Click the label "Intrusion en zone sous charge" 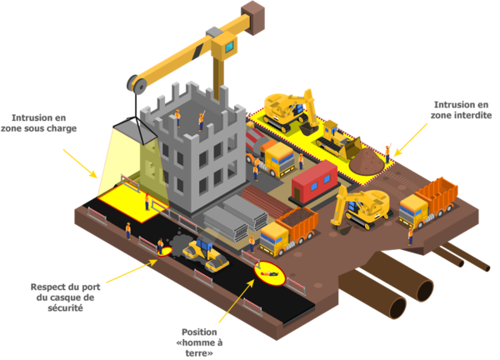pyautogui.click(x=38, y=123)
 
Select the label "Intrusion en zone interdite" pyautogui.click(x=461, y=110)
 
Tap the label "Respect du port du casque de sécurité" pyautogui.click(x=65, y=297)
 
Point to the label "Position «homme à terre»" pyautogui.click(x=199, y=342)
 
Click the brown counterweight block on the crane pyautogui.click(x=252, y=17)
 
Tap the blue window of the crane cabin pyautogui.click(x=230, y=47)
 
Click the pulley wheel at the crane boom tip pyautogui.click(x=137, y=84)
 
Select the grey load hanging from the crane pyautogui.click(x=135, y=131)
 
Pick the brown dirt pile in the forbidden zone pyautogui.click(x=367, y=162)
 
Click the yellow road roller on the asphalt pyautogui.click(x=205, y=255)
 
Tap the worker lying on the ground pyautogui.click(x=269, y=273)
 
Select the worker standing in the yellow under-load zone pyautogui.click(x=147, y=202)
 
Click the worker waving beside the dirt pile pyautogui.click(x=387, y=153)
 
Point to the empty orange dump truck pyautogui.click(x=428, y=202)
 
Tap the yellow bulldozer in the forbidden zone pyautogui.click(x=338, y=140)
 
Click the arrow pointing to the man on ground pyautogui.click(x=237, y=301)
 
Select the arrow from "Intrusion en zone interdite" pyautogui.click(x=411, y=140)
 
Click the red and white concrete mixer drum pyautogui.click(x=257, y=139)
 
